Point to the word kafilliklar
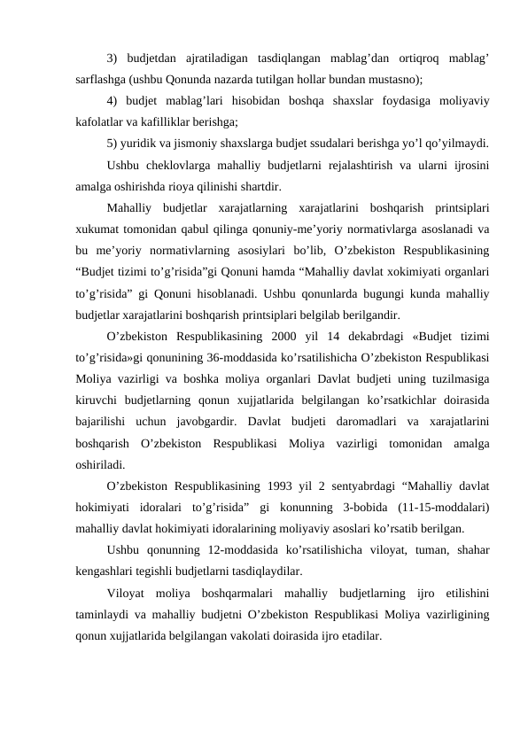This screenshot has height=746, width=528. (170, 120)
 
